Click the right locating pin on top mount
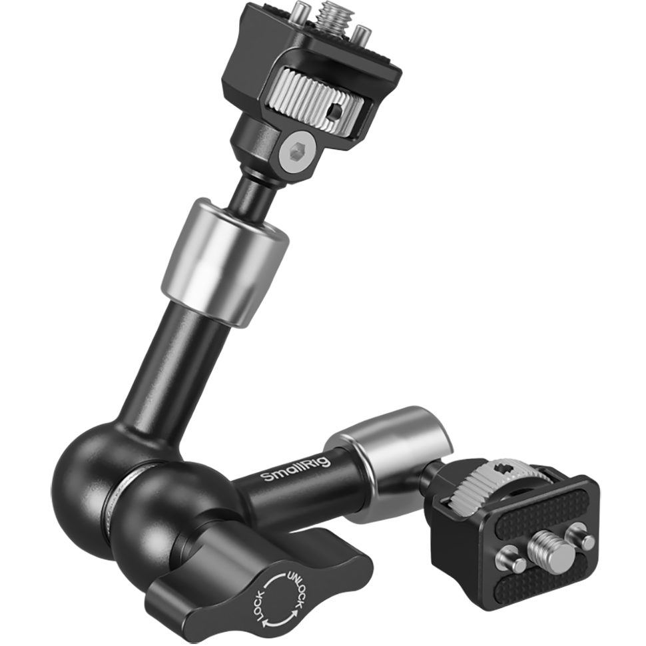(361, 31)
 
